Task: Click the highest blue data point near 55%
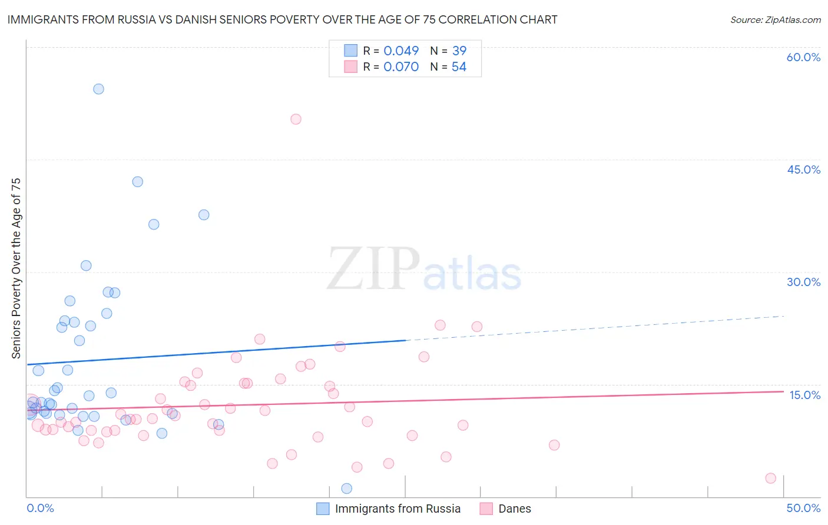(x=98, y=89)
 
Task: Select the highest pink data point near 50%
(x=296, y=119)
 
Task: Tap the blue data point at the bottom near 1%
(x=347, y=489)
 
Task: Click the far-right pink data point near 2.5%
(x=770, y=479)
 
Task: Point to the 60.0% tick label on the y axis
(x=803, y=57)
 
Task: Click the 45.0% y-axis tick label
(x=803, y=170)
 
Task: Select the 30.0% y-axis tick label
(x=803, y=282)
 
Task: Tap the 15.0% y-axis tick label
(x=804, y=395)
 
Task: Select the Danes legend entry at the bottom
(x=514, y=509)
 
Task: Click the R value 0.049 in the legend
(x=401, y=51)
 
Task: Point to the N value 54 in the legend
(x=459, y=67)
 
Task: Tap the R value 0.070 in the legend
(x=401, y=67)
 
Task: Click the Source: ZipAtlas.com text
(x=775, y=19)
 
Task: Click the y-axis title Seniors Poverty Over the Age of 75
(x=16, y=268)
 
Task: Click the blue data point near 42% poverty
(x=137, y=182)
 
